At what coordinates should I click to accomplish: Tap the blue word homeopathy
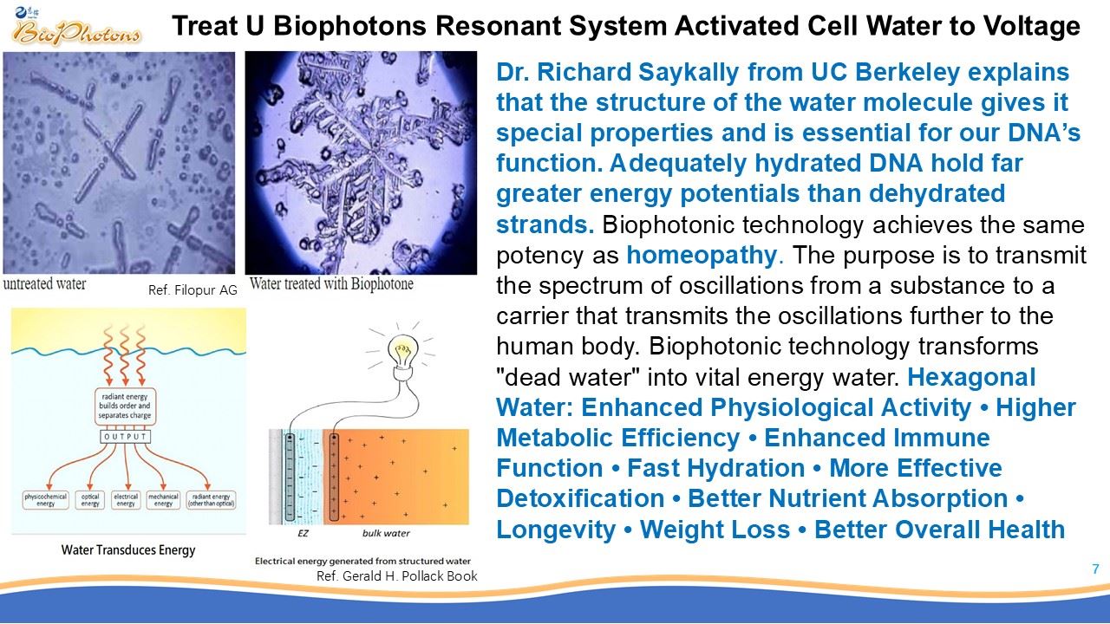click(x=702, y=256)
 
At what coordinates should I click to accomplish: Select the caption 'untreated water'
click(x=44, y=283)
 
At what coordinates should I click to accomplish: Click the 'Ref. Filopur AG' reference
click(x=193, y=290)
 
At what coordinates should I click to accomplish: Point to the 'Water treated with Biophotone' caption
click(x=331, y=283)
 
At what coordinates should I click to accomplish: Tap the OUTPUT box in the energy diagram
click(x=126, y=436)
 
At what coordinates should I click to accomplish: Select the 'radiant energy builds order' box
click(x=126, y=406)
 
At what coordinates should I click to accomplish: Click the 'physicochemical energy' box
click(x=46, y=500)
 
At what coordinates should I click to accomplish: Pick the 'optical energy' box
click(x=90, y=500)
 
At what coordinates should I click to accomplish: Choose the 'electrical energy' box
click(x=126, y=500)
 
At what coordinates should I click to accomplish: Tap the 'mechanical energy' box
click(x=163, y=500)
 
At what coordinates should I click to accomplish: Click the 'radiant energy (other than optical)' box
click(x=211, y=500)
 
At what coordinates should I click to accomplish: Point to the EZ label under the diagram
click(x=303, y=533)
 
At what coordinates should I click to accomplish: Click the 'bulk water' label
click(x=386, y=533)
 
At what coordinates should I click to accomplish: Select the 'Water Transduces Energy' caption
click(x=128, y=550)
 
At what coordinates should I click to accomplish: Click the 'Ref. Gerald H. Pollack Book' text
click(x=397, y=576)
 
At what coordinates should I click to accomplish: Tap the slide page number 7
click(x=1095, y=569)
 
